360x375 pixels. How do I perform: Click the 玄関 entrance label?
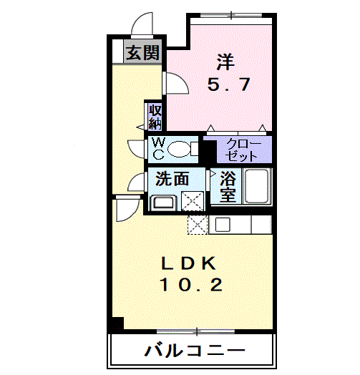click(143, 52)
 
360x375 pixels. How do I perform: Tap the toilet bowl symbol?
click(182, 148)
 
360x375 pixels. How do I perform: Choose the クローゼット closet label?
click(243, 149)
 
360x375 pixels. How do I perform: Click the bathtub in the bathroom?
click(256, 186)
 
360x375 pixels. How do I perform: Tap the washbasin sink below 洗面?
click(163, 201)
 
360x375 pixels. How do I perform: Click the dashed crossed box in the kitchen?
click(196, 224)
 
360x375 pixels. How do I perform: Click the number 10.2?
click(190, 286)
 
